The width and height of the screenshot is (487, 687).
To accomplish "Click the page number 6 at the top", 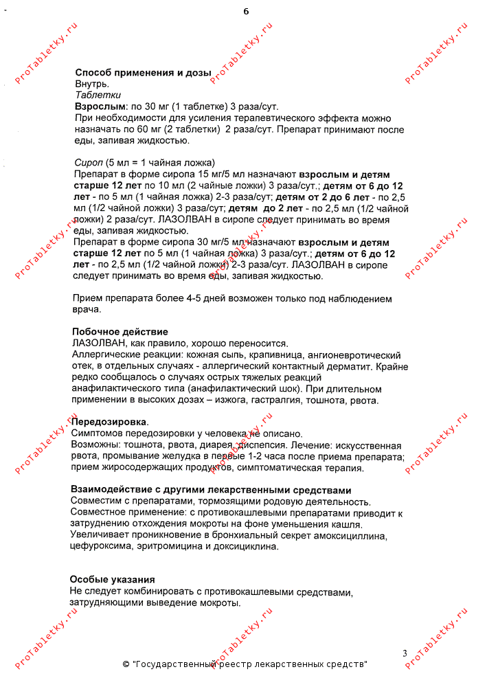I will (x=246, y=12).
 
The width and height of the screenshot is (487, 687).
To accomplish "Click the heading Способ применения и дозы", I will (x=143, y=73).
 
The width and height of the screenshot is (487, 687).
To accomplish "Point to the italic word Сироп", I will (x=87, y=163).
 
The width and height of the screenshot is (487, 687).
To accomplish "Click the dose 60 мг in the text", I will (x=137, y=129).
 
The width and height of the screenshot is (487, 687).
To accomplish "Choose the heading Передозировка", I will (x=109, y=422).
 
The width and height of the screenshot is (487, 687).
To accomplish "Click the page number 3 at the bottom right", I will (x=405, y=653).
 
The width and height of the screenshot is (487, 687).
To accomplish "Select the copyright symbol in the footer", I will (x=126, y=665).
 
